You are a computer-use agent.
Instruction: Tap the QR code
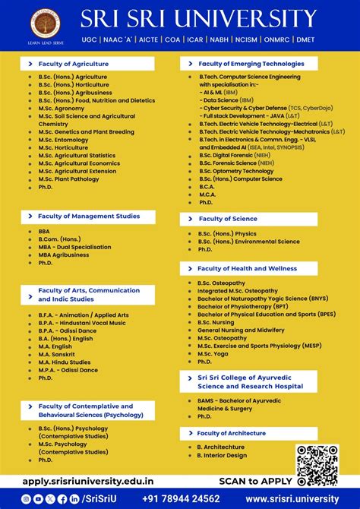(317, 465)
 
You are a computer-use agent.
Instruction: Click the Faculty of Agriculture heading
(73, 64)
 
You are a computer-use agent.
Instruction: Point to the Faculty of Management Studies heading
(88, 217)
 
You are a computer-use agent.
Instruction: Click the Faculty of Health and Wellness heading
(247, 268)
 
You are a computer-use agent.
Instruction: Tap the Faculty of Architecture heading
(232, 433)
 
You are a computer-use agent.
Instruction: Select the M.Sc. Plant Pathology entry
(68, 179)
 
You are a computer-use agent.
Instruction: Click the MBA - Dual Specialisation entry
(74, 247)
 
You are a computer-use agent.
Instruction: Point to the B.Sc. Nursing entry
(216, 322)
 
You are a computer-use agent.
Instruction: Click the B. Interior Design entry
(222, 456)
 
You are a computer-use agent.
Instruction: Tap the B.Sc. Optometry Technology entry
(236, 171)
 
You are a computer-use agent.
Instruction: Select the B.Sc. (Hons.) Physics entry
(227, 234)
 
